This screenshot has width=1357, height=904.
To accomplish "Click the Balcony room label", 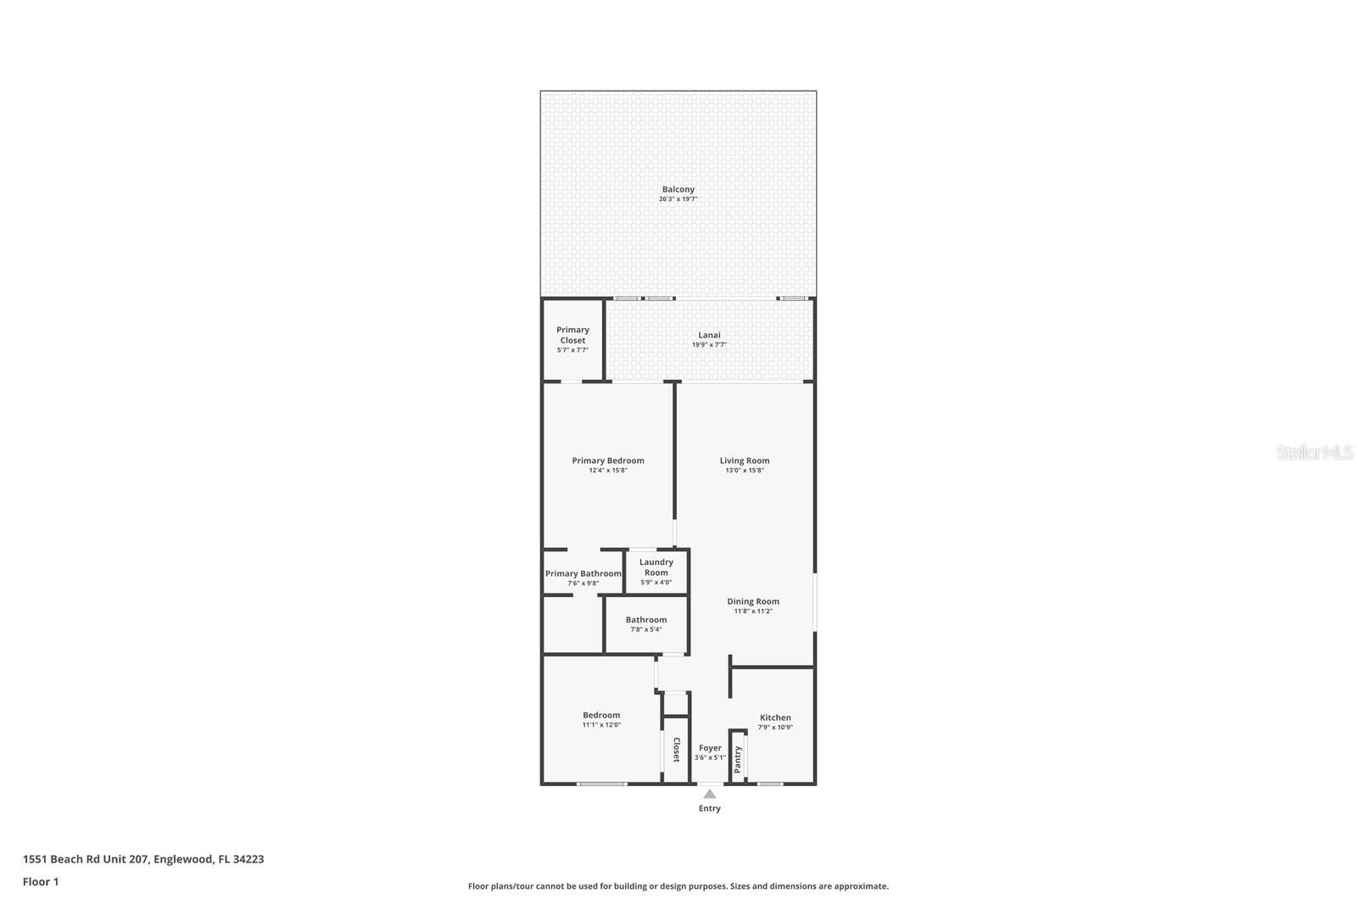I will point(678,190).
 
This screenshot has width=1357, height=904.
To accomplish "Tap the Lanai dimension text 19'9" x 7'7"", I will point(709,345).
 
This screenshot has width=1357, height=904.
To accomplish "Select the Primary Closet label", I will point(572,335).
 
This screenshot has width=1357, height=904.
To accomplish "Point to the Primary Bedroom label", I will point(607,460).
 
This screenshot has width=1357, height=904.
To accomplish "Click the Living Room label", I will point(745,460).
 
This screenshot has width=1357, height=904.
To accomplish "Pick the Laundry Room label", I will point(656,567).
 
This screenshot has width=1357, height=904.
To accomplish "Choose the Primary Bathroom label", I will point(583,574).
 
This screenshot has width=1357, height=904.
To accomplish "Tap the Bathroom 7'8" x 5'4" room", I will point(646,624).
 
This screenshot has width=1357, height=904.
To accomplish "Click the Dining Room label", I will point(752,601).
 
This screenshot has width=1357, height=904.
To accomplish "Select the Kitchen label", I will point(775,717).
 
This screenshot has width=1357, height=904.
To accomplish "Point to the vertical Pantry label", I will point(738,758).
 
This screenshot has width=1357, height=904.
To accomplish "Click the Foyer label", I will point(710,748).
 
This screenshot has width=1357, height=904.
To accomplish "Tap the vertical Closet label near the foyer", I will point(676,750).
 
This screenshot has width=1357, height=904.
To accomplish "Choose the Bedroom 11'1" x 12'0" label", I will point(600,715).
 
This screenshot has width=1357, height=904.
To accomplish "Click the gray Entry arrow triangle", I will point(709,794).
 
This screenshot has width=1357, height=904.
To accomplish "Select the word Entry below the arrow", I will point(709,808).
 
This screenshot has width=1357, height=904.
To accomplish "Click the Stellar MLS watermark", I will point(1314,452).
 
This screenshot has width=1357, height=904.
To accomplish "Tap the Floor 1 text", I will point(41,882).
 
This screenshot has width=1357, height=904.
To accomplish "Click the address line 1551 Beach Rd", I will point(142,859).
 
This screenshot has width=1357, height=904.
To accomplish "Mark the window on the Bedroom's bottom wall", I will point(602,784).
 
